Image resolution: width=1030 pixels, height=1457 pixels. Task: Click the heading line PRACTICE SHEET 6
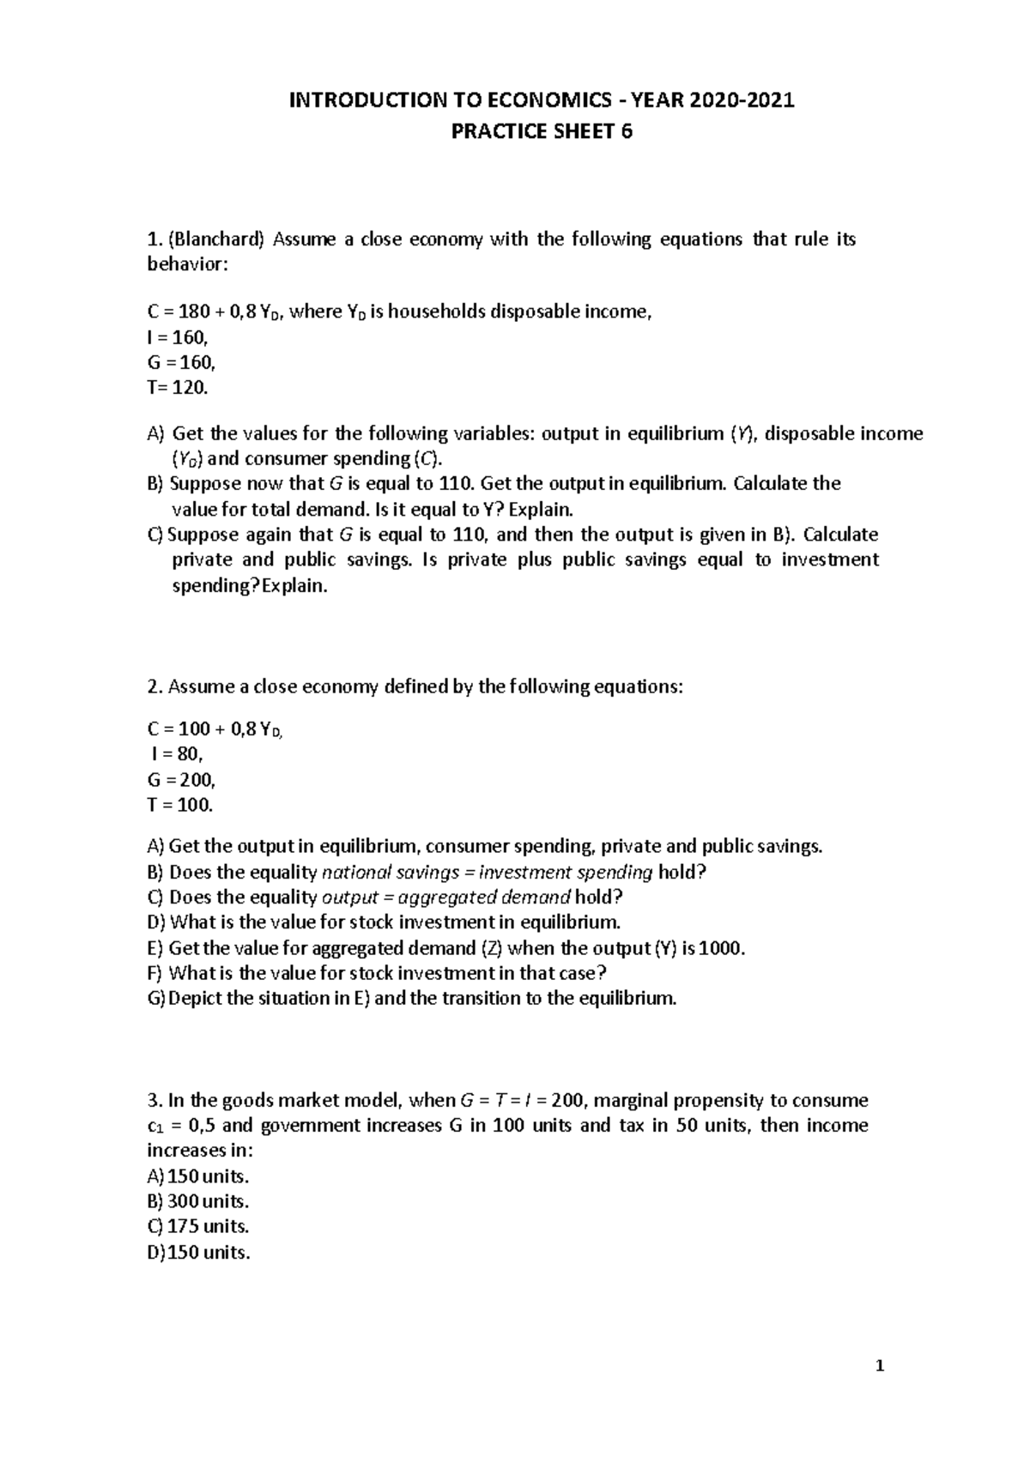coord(542,131)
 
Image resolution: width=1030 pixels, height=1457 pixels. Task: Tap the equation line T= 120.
coord(178,388)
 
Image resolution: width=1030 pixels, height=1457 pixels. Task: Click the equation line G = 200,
coord(181,780)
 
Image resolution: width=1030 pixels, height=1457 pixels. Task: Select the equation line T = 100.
coord(179,805)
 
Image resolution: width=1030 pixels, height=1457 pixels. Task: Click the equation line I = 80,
coord(176,754)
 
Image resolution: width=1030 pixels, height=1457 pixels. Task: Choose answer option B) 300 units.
coord(197,1201)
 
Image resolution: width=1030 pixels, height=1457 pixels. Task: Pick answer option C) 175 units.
coord(197,1226)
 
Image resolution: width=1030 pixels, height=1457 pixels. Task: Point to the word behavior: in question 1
coord(188,264)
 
